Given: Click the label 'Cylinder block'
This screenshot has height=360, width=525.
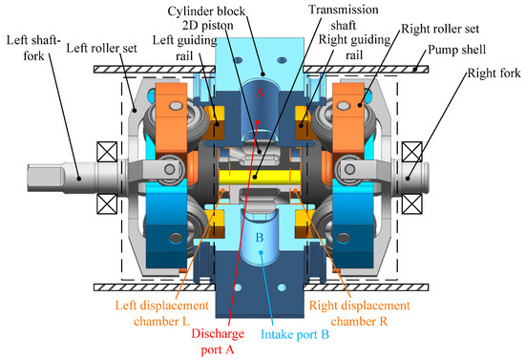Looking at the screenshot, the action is [206, 11].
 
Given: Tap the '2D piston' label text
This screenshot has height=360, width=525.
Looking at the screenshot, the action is [207, 26].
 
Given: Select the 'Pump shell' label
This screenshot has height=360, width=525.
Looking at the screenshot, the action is [456, 50].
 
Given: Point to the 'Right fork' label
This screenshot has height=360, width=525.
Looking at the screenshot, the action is [494, 73].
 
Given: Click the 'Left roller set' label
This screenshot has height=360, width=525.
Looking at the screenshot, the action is [101, 49].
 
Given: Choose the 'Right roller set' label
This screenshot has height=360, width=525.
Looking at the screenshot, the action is [440, 29].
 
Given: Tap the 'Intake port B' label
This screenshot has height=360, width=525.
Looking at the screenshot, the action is [295, 334].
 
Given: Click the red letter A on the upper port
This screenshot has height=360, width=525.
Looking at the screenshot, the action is [260, 93].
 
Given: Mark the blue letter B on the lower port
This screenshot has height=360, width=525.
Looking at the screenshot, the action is [260, 238].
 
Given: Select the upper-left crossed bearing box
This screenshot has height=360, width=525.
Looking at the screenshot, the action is [107, 152].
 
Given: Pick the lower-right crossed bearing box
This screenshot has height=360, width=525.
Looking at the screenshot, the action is [411, 203].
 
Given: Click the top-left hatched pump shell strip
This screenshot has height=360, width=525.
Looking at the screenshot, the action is [155, 70].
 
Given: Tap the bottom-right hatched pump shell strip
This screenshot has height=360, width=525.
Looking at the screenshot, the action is [366, 287].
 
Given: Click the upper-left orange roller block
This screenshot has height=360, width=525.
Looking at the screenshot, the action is [171, 118].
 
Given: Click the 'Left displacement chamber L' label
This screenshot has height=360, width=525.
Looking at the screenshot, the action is [162, 313].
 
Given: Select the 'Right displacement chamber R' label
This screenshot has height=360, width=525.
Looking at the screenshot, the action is [359, 313].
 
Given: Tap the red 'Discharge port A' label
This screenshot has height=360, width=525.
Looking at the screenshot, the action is [218, 342].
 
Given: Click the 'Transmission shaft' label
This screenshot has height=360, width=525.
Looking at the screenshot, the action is [344, 17].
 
